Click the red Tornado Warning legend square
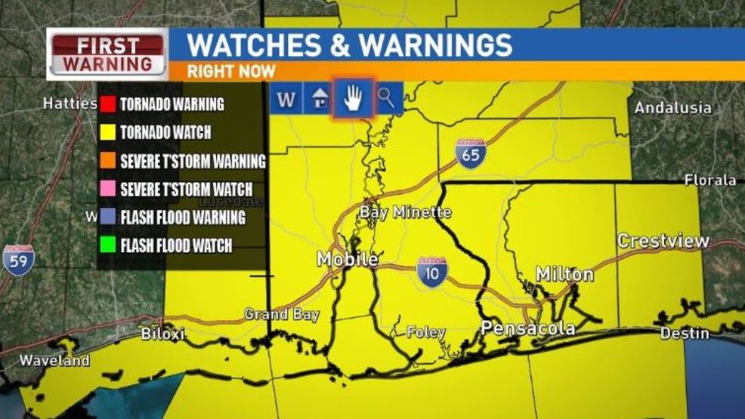coord(107,104)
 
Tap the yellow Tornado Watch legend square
coord(107,132)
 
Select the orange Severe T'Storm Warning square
coord(107,161)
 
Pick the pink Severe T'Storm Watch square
coord(107,189)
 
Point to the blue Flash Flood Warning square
coord(107,217)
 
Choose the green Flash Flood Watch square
coord(107,245)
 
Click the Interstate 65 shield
coord(470,153)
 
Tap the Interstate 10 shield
coord(431,270)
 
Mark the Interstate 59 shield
coord(18,260)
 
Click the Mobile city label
coord(347,259)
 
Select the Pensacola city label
coord(528,328)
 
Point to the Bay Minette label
coord(405,212)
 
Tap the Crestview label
coord(663,241)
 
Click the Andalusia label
coord(672,108)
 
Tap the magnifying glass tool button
coord(387,98)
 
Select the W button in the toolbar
coord(286,99)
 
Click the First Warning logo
coord(107,54)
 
